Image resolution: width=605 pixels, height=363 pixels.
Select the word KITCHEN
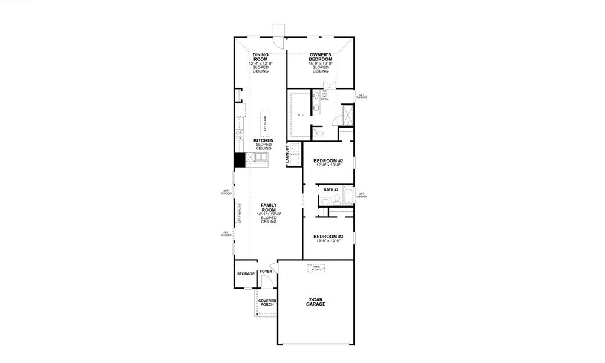point(263,140)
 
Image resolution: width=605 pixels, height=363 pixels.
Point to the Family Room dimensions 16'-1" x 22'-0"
point(269,214)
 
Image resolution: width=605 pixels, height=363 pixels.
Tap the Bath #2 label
point(330,190)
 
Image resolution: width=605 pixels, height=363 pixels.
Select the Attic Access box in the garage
point(316,268)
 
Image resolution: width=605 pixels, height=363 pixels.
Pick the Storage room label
point(246,274)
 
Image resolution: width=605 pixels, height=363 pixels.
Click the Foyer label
point(266,272)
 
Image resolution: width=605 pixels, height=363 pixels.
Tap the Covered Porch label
point(267,302)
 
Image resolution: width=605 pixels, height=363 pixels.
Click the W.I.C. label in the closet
point(301,114)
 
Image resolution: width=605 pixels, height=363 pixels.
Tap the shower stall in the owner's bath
point(347,114)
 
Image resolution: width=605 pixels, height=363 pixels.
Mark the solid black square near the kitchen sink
point(239,160)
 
